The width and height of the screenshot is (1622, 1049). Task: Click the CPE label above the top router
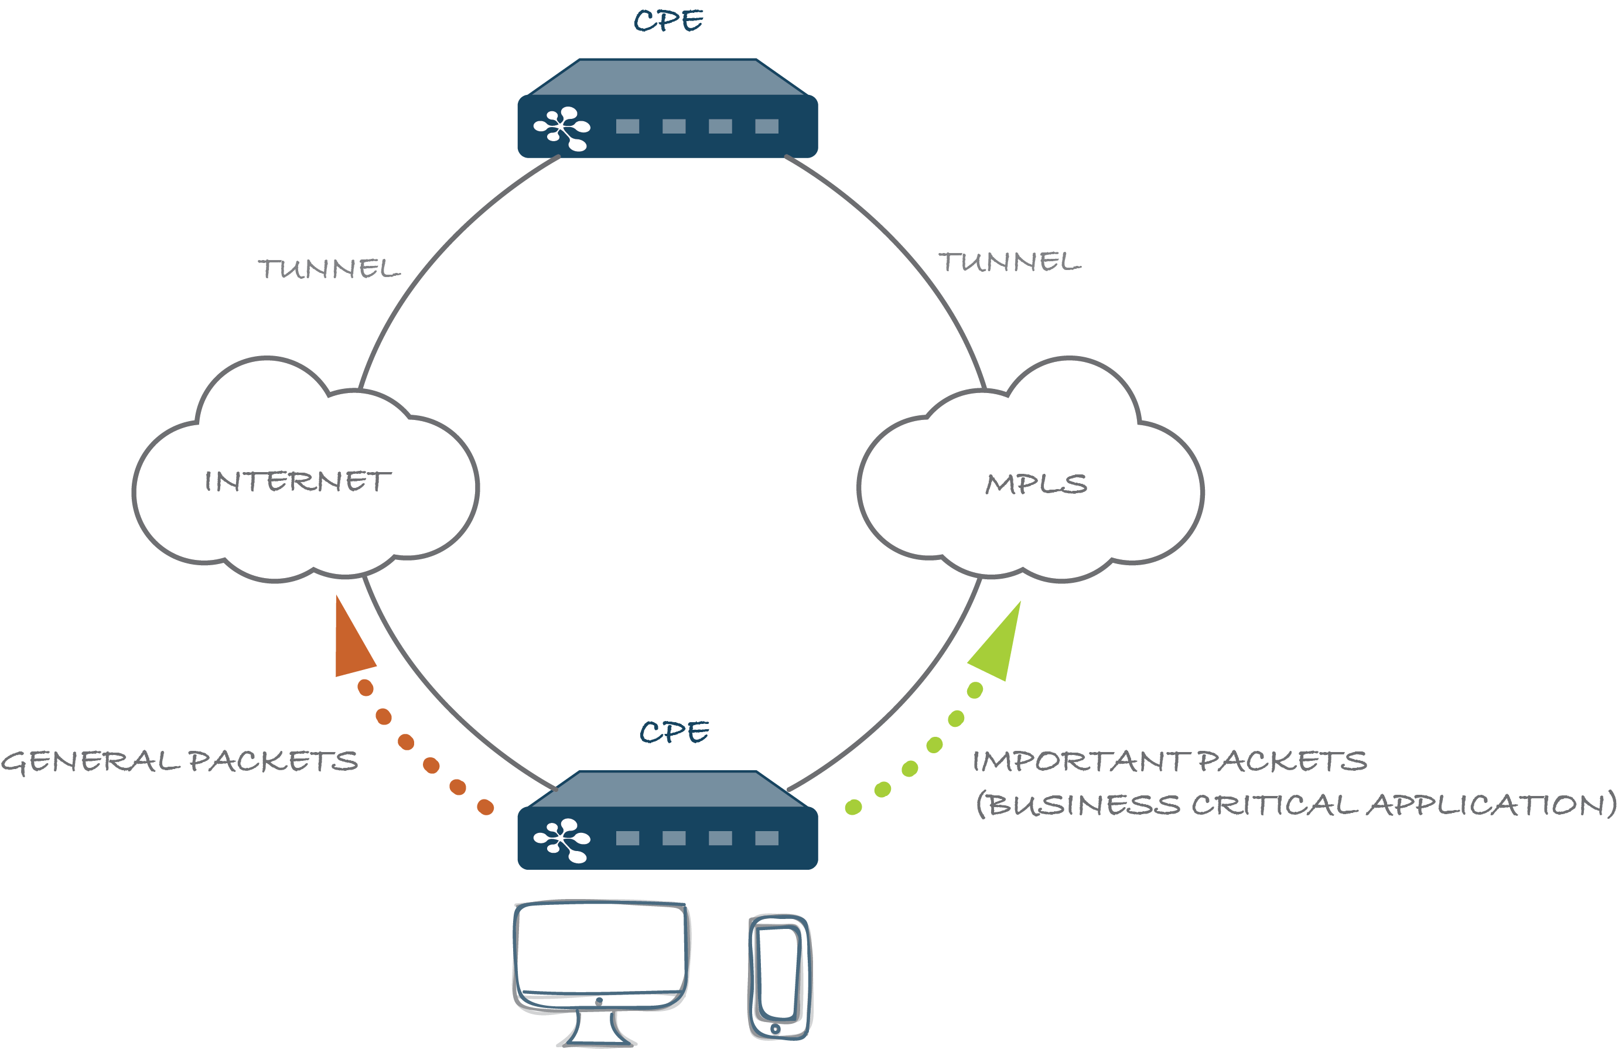(668, 21)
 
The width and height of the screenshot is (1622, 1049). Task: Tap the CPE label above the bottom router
(674, 732)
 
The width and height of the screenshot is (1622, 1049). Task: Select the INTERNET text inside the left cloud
(298, 481)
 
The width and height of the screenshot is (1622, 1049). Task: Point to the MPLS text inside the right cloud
(1036, 484)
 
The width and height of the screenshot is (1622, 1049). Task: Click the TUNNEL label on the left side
(329, 268)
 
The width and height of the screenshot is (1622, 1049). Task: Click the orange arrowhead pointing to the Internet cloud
(351, 644)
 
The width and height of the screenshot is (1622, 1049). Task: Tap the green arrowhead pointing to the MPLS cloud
(999, 647)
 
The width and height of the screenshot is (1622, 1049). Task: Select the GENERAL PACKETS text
(179, 761)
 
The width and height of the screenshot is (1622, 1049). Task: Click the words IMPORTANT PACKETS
(1169, 761)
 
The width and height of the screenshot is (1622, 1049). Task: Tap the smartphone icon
(781, 977)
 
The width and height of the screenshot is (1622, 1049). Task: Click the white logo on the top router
(562, 128)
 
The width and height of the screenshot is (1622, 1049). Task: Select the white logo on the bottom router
(562, 840)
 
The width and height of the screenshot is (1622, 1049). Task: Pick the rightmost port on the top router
(766, 126)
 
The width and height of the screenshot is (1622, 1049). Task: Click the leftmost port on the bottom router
(627, 838)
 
